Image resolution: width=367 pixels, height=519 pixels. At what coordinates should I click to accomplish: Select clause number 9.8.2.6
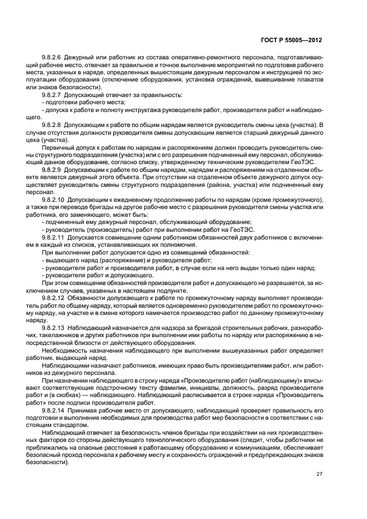pos(52,58)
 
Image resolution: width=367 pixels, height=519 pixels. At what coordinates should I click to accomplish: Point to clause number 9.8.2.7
pos(52,95)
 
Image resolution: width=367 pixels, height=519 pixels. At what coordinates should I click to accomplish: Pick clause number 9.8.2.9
pos(52,169)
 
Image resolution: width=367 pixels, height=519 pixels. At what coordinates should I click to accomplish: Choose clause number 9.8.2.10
pos(53,199)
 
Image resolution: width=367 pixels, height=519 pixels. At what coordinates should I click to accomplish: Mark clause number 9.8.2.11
pos(53,237)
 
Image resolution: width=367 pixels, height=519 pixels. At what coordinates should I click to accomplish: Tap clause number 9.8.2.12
pos(53,298)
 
